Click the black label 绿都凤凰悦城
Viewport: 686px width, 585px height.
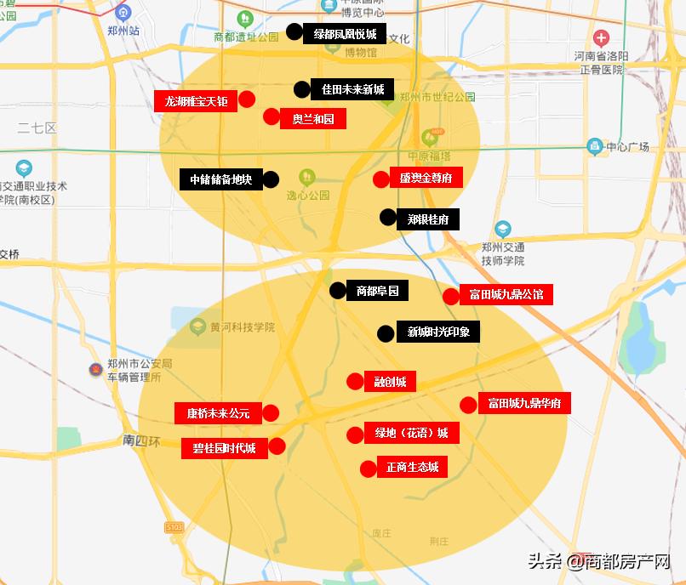(345, 34)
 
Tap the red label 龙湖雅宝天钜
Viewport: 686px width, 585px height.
(196, 101)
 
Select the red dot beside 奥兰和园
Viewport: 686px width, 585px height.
(272, 116)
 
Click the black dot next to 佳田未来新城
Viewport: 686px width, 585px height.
(302, 89)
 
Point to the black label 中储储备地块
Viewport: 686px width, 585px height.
(220, 179)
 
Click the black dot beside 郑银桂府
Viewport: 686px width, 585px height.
(388, 217)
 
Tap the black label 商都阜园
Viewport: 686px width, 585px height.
(377, 291)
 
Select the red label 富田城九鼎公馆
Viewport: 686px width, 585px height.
(506, 295)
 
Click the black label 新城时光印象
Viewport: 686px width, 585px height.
(438, 332)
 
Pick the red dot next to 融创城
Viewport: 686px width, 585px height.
(355, 382)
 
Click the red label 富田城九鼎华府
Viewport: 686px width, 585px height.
(523, 403)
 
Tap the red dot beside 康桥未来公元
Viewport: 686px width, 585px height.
(271, 413)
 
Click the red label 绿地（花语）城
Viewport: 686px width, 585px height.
(411, 433)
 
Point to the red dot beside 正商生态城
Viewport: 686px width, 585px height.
(368, 469)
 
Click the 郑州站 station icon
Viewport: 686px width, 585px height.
(123, 13)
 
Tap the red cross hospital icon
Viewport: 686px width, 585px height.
(602, 38)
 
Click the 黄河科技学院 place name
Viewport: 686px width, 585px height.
(243, 327)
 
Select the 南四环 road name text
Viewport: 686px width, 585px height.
(140, 440)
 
